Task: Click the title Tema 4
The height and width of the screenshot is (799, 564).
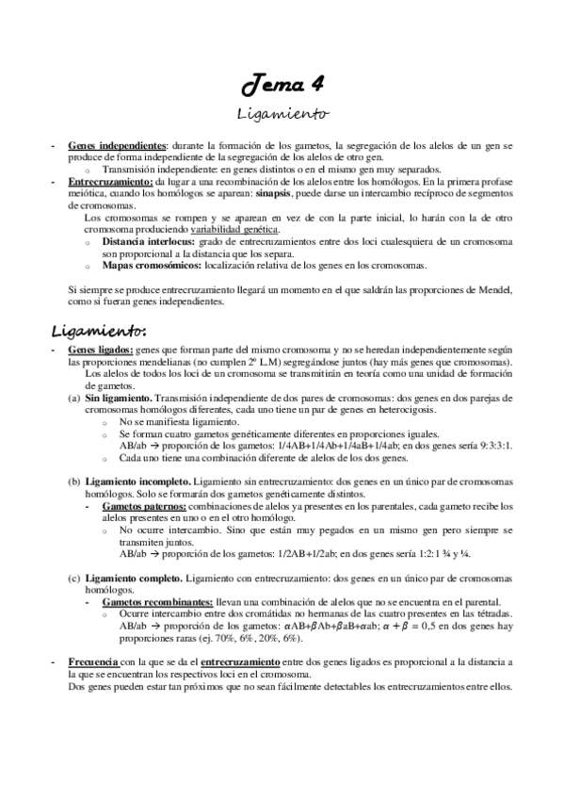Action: (282, 88)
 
